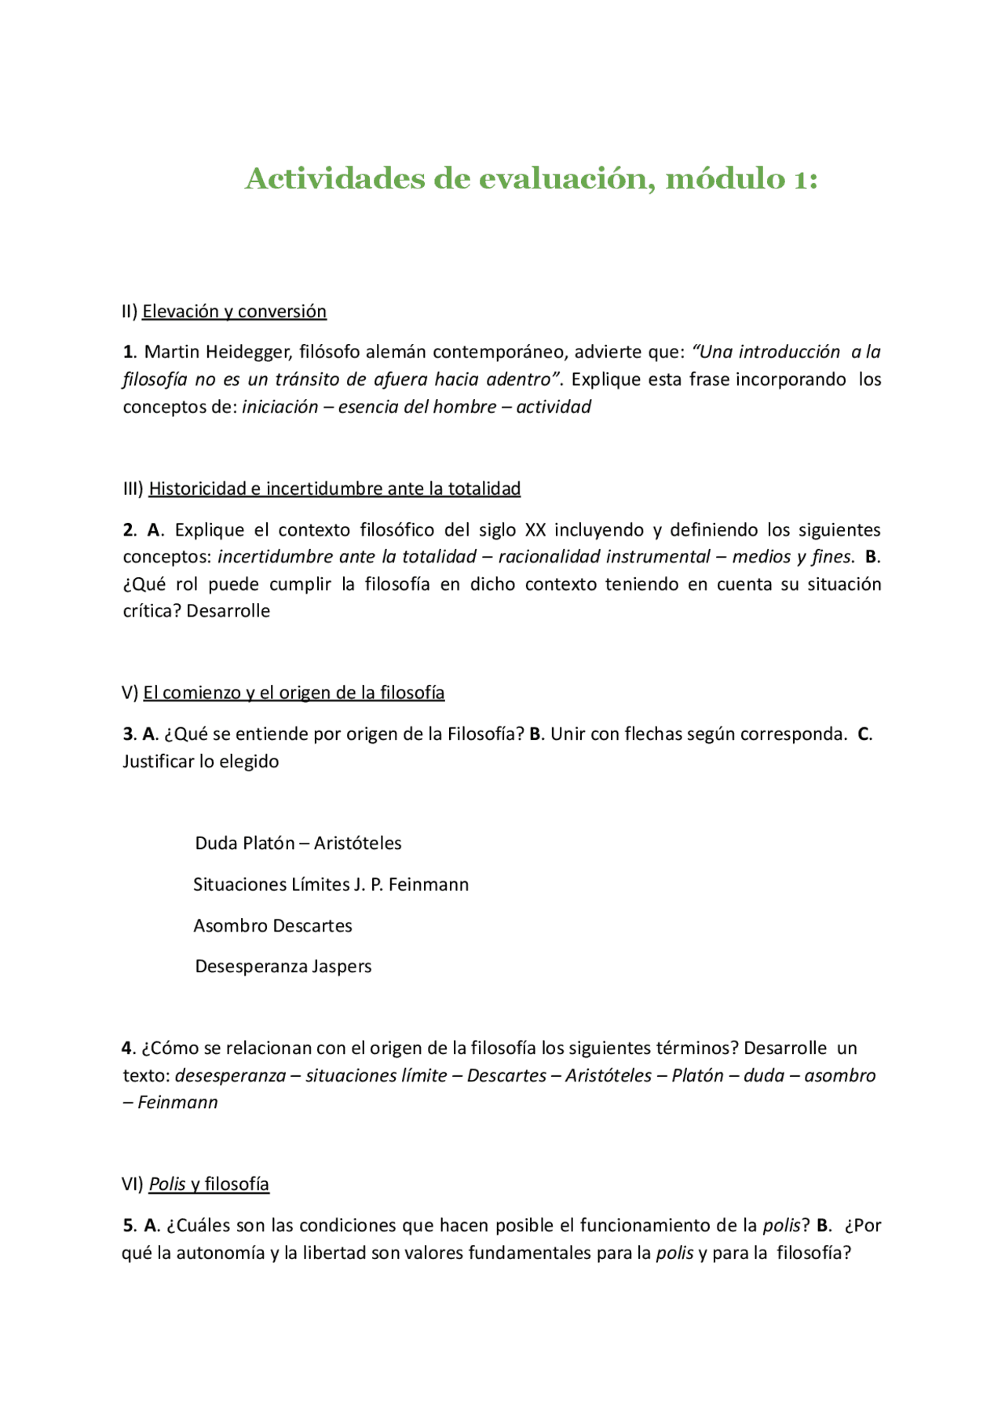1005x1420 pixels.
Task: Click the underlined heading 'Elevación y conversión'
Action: [234, 312]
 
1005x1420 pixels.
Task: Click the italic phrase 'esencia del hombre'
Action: [417, 407]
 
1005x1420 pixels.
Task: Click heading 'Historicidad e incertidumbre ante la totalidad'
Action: [334, 489]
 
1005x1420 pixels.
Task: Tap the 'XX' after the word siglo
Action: [535, 530]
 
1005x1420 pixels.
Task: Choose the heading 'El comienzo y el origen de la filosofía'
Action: [294, 693]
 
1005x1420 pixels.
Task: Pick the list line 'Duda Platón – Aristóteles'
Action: [298, 844]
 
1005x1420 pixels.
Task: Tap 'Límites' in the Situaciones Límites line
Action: [320, 884]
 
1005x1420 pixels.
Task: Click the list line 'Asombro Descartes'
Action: [272, 926]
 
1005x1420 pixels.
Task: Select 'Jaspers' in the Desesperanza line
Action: [342, 967]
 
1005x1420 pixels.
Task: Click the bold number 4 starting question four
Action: [126, 1049]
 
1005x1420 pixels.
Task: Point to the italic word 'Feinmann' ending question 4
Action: [177, 1103]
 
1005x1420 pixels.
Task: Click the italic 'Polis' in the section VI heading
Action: [167, 1184]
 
